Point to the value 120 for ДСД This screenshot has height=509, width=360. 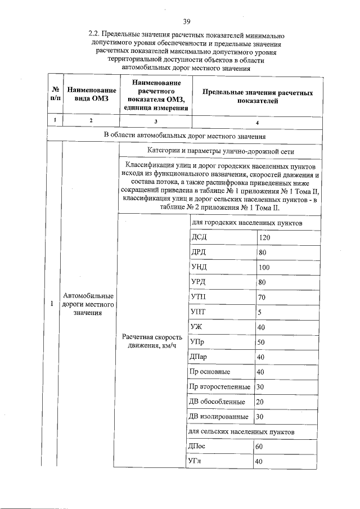[264, 238]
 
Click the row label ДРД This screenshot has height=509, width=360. [199, 253]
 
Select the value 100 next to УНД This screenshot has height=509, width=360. [264, 267]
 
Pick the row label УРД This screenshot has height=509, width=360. [199, 282]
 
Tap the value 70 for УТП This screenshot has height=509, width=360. [262, 297]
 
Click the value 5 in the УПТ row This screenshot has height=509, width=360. [260, 312]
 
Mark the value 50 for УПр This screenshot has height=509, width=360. [261, 342]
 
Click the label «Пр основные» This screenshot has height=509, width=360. [210, 372]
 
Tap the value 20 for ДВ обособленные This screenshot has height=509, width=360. [260, 402]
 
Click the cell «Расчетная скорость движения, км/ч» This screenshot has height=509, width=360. [150, 340]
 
